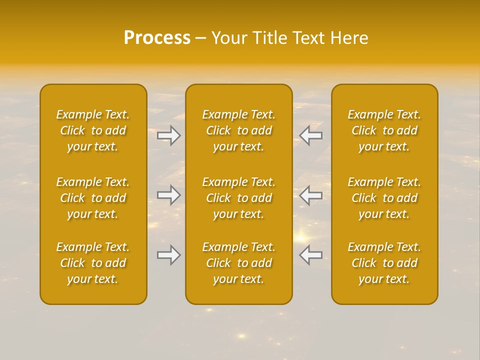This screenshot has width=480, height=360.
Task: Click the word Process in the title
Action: pyautogui.click(x=157, y=38)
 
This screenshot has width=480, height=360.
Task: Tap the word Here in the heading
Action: pyautogui.click(x=349, y=38)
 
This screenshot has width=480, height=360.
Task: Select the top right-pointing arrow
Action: pyautogui.click(x=169, y=135)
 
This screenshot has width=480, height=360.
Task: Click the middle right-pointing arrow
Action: pyautogui.click(x=169, y=195)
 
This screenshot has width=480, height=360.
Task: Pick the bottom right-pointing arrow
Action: pyautogui.click(x=169, y=255)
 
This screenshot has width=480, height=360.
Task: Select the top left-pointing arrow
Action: pyautogui.click(x=310, y=135)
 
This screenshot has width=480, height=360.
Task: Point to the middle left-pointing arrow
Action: pyautogui.click(x=310, y=195)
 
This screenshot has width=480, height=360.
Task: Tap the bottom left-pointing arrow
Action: pyautogui.click(x=310, y=255)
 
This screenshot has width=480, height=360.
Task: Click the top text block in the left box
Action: pyautogui.click(x=93, y=130)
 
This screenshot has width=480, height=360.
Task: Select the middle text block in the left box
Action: pyautogui.click(x=93, y=198)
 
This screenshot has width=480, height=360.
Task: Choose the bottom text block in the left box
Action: pyautogui.click(x=93, y=263)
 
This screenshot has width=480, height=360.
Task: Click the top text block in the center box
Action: pyautogui.click(x=239, y=130)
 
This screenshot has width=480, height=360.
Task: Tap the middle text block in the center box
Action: pyautogui.click(x=239, y=198)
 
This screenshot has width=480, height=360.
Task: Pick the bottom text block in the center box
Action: pyautogui.click(x=239, y=263)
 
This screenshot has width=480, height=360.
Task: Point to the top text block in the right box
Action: pyautogui.click(x=384, y=130)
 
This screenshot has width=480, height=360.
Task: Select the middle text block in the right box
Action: pyautogui.click(x=384, y=198)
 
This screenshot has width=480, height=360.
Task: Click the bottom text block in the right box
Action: pyautogui.click(x=384, y=263)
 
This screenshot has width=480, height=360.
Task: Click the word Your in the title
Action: pyautogui.click(x=227, y=38)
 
